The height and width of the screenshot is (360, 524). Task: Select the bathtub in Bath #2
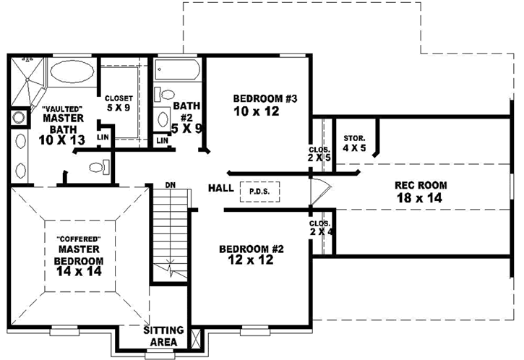coord(178,70)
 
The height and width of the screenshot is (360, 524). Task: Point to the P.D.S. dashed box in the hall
coord(257,191)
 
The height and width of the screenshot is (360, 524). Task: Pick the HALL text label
coord(220,188)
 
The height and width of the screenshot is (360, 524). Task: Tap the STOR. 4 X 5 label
coord(355,142)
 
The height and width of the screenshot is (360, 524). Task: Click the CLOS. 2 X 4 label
coord(319,228)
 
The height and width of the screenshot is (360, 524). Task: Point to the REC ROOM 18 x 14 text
coord(419,191)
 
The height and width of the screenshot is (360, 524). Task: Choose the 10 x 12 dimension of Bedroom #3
coord(256,111)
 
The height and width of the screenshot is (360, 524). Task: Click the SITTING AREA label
coord(163,335)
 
